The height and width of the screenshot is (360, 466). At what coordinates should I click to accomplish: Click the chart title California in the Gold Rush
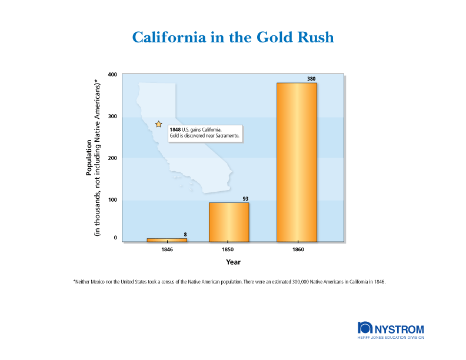coord(233,38)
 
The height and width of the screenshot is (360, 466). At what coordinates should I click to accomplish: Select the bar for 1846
coord(167,239)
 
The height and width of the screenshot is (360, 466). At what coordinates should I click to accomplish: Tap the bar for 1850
coord(229,222)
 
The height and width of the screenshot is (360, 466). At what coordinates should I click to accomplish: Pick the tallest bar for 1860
coord(297,162)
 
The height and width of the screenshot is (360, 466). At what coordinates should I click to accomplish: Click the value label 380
coord(312,79)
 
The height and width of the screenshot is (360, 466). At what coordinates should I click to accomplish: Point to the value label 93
coord(245,199)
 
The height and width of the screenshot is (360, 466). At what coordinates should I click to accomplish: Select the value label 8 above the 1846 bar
coord(185,235)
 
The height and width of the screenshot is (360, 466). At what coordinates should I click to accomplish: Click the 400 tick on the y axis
coord(112,75)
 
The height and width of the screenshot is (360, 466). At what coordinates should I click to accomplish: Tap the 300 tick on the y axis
coord(112,116)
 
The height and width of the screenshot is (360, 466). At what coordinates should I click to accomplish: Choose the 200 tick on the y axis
coord(112,158)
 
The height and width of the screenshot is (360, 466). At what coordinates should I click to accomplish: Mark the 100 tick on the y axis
coord(112,200)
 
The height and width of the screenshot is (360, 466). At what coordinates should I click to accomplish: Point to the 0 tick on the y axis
coord(115,238)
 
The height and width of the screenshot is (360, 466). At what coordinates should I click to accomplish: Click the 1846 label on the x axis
coord(167,250)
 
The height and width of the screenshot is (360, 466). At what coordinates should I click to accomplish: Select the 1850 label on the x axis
coord(229,250)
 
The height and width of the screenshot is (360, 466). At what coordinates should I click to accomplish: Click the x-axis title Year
coord(233,262)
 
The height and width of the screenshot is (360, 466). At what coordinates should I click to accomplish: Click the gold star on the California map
coord(158,124)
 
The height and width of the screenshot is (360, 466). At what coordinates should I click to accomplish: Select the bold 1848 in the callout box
coord(175,129)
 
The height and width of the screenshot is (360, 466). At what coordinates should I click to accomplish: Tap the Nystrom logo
coord(390,330)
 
